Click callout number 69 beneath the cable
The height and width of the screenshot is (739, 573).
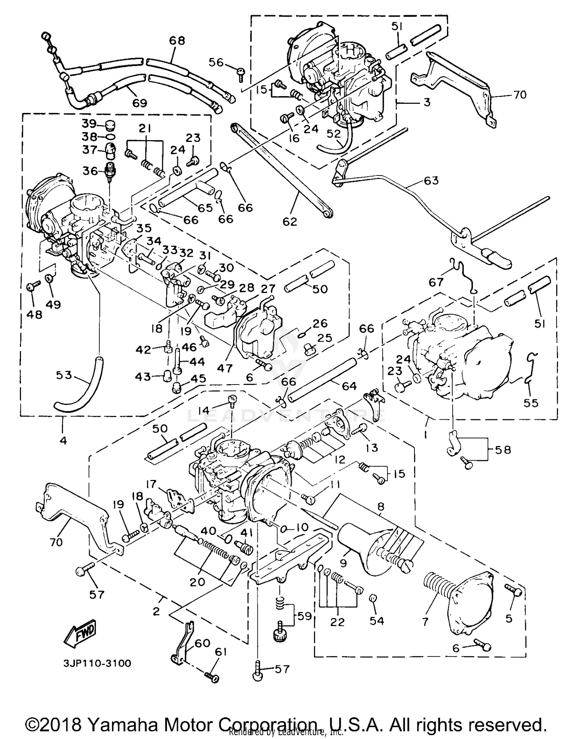point(139,103)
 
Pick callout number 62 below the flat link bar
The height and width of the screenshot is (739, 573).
point(290,221)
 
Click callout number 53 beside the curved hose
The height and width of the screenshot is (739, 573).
point(63,375)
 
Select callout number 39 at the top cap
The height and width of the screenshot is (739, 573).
point(89,124)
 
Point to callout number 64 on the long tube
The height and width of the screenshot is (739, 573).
point(349,386)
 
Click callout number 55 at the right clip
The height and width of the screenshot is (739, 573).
point(531,403)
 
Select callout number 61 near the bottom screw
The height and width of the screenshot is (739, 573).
point(221,653)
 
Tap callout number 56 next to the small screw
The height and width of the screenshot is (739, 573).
point(216,62)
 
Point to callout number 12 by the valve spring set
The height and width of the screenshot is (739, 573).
point(338,459)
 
